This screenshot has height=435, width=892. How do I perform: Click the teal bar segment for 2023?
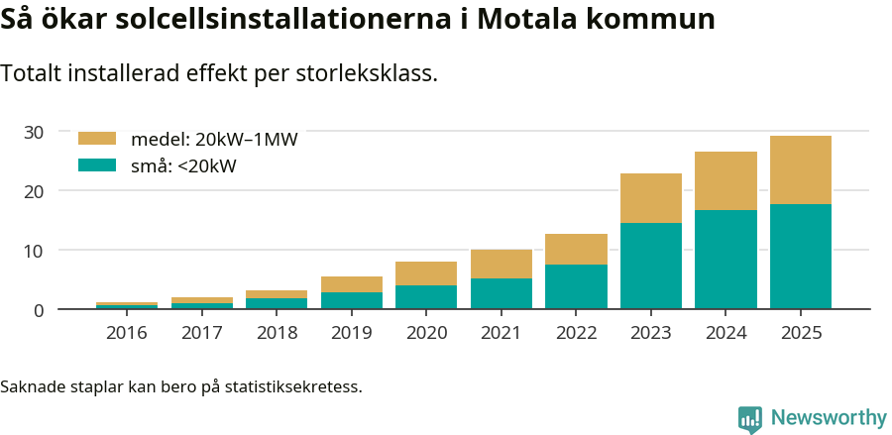[651, 266]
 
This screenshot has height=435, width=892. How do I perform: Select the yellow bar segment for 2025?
[801, 169]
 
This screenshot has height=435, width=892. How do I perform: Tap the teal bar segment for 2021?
[502, 293]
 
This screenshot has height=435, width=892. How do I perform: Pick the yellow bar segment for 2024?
[725, 180]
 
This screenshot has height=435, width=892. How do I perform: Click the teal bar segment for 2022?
[576, 286]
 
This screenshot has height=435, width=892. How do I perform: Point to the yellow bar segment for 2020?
[426, 273]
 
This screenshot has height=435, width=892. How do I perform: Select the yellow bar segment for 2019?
[352, 284]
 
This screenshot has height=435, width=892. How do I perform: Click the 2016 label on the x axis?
[127, 333]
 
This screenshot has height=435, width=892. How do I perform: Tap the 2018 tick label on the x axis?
[277, 333]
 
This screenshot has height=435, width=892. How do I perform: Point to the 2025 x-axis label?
[801, 333]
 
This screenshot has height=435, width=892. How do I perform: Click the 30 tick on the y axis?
[34, 132]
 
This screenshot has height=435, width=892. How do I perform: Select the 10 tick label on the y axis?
[34, 251]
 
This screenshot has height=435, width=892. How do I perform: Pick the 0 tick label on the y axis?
[39, 310]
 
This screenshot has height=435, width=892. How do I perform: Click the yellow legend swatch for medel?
[97, 139]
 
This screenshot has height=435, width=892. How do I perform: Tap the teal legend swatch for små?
[97, 165]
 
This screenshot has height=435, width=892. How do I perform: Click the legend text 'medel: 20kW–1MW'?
[214, 140]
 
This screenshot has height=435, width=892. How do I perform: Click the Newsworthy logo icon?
[750, 418]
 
